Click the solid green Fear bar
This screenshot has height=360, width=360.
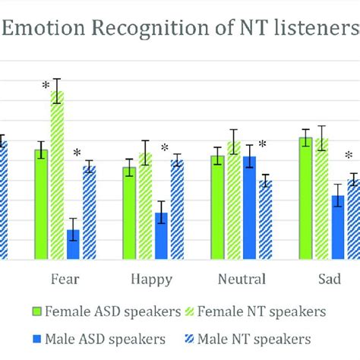pos(41,205)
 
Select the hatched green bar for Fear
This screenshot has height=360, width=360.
pos(57,175)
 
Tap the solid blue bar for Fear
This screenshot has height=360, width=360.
pos(73,245)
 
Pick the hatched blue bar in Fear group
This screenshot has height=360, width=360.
pos(89,213)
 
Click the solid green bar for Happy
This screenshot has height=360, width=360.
pos(129,213)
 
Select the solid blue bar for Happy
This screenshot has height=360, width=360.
pos(161,236)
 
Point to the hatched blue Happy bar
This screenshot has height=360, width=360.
pos(177,210)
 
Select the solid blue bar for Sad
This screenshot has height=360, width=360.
pos(337,228)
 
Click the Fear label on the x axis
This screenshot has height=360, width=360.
pos(65,279)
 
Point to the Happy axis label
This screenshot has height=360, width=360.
pos(151,279)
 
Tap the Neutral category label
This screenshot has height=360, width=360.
pos(242,279)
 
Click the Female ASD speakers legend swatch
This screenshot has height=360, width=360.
pos(37,311)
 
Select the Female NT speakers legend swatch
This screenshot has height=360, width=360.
pos(190,311)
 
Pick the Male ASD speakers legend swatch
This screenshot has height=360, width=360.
pos(37,337)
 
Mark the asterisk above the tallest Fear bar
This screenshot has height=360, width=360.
pos(45,86)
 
